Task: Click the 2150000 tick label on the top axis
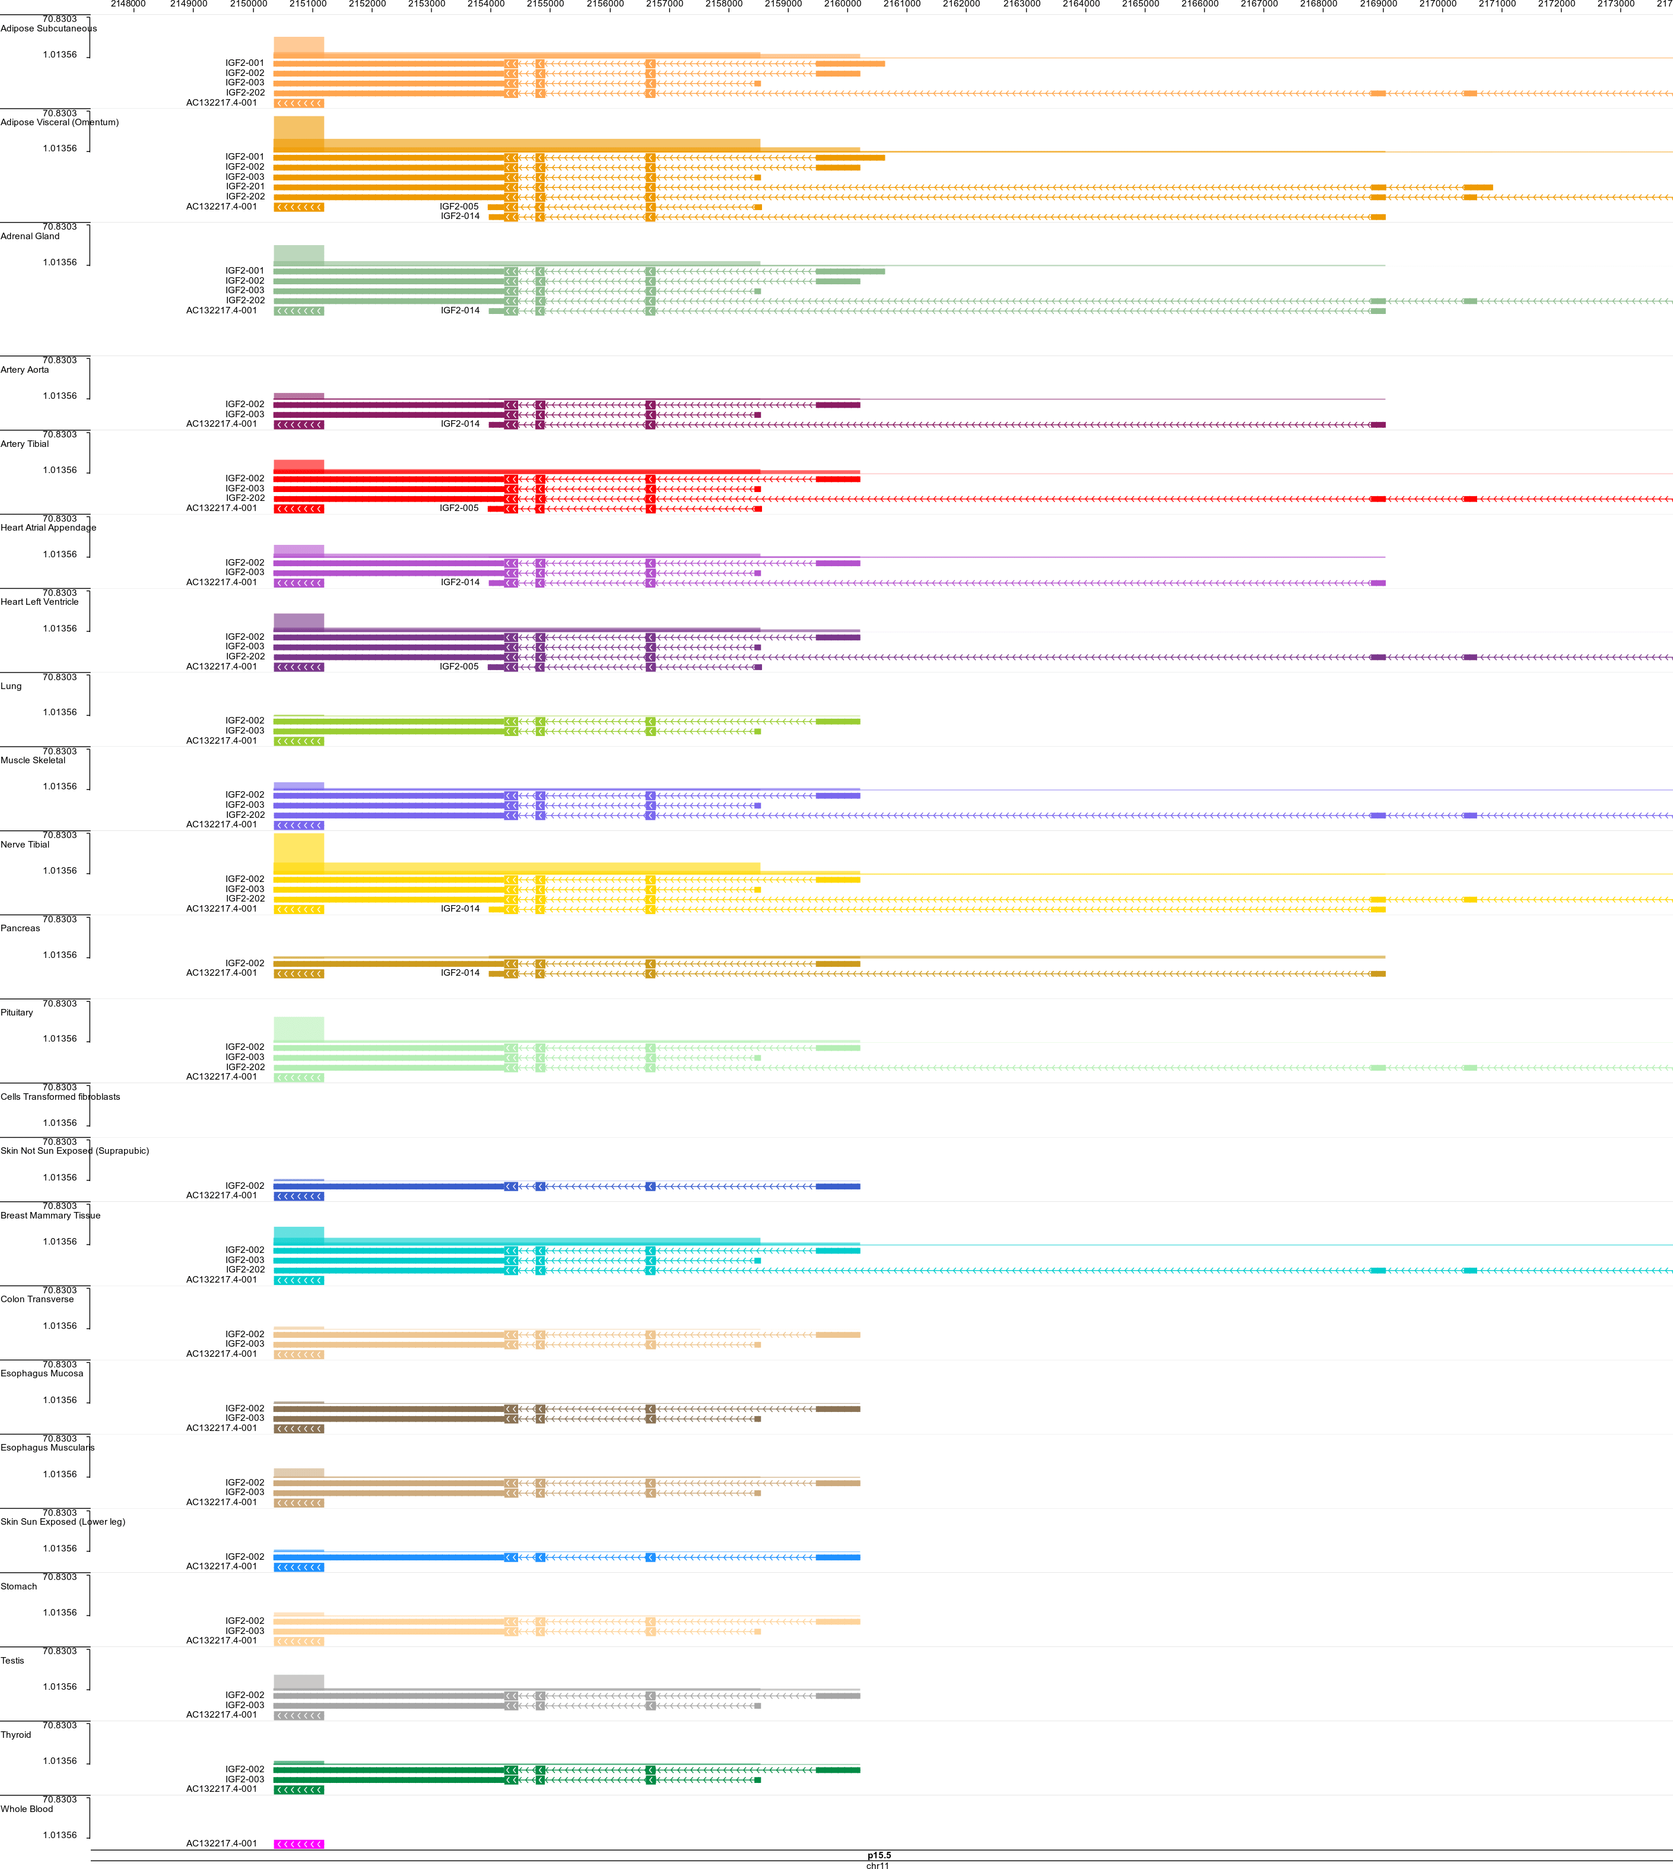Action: click(x=248, y=4)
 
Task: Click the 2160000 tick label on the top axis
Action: click(x=842, y=4)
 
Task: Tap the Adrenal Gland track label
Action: click(x=30, y=236)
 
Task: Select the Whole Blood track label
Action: click(x=27, y=1808)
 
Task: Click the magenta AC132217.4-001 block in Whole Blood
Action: click(x=299, y=1843)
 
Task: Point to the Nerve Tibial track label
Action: click(x=25, y=844)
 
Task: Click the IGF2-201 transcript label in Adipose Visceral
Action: click(x=246, y=186)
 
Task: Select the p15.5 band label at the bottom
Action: click(x=879, y=1854)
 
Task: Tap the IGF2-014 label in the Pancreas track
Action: click(x=459, y=973)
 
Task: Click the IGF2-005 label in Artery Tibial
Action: click(x=459, y=507)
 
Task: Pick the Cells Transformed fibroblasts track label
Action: click(x=60, y=1097)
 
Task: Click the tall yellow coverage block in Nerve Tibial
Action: click(x=299, y=851)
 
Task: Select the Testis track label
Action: click(x=13, y=1660)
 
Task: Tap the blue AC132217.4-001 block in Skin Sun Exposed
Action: click(x=299, y=1566)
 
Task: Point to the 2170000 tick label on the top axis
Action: click(x=1437, y=4)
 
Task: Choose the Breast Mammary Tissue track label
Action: click(x=50, y=1216)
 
